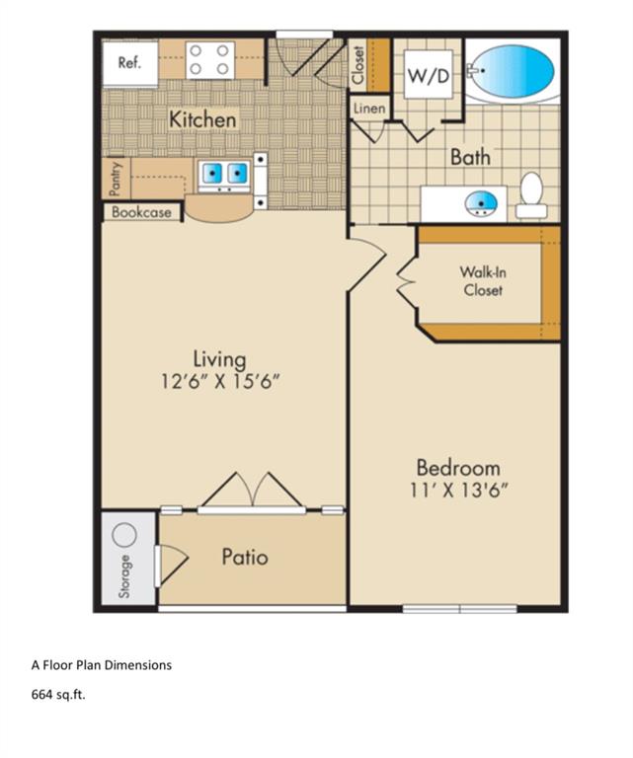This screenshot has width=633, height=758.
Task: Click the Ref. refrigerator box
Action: point(129,62)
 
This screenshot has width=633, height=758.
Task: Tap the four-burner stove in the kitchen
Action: point(209,59)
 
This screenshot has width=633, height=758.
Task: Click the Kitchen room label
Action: point(203,119)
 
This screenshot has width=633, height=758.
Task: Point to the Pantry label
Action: point(116,179)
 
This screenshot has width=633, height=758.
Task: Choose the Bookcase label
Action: point(141,212)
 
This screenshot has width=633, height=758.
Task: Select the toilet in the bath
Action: point(531,195)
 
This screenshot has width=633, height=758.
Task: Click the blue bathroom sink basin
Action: point(481,203)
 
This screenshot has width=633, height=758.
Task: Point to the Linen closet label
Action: point(368,109)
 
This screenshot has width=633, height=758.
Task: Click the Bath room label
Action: point(470,156)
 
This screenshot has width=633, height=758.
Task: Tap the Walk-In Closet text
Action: point(482,281)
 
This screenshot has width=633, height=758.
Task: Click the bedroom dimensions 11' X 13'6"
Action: point(457,489)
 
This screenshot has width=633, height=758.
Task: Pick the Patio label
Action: point(244,557)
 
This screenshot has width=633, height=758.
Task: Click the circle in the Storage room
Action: point(124,535)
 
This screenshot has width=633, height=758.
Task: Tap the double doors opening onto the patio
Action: point(252,492)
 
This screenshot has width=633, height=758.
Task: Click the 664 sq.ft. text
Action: point(59,695)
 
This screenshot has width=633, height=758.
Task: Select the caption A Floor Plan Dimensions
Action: point(103,665)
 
